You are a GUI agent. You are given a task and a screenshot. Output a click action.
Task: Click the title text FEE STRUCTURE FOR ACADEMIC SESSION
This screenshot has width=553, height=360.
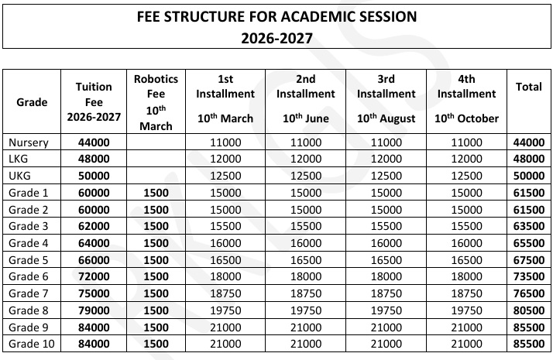click(x=275, y=15)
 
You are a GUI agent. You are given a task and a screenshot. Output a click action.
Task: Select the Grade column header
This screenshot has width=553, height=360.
click(x=32, y=102)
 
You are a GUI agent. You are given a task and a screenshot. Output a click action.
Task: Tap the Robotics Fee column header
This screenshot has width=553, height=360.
click(x=156, y=102)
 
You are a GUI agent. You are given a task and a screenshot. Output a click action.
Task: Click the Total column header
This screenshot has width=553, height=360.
click(x=528, y=87)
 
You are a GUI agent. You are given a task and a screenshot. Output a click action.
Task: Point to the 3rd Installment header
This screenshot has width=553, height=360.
click(x=386, y=86)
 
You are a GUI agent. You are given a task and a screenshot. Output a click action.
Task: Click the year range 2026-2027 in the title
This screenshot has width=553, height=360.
click(x=275, y=36)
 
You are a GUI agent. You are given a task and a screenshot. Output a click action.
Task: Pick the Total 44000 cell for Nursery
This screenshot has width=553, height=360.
click(x=528, y=142)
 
